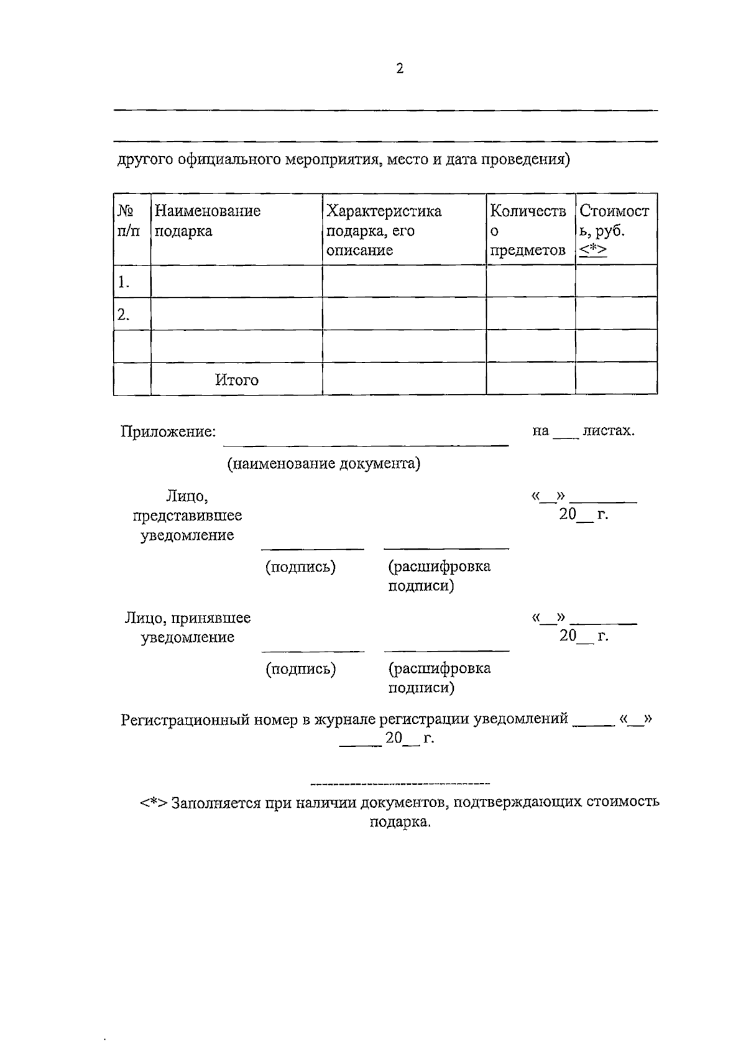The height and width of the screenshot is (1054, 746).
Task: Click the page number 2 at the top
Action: pyautogui.click(x=400, y=68)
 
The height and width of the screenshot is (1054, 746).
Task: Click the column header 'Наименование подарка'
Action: pyautogui.click(x=207, y=221)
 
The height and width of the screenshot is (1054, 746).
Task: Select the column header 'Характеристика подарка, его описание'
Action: pyautogui.click(x=384, y=230)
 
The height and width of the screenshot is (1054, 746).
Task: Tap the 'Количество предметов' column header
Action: pyautogui.click(x=528, y=230)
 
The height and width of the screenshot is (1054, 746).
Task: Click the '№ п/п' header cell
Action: pyautogui.click(x=128, y=221)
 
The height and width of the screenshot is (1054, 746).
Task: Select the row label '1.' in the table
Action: pyautogui.click(x=123, y=283)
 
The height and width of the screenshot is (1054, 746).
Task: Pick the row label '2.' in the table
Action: pyautogui.click(x=123, y=315)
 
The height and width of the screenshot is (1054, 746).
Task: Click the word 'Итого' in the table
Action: pyautogui.click(x=237, y=380)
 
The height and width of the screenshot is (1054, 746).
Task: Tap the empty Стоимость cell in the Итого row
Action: pyautogui.click(x=615, y=379)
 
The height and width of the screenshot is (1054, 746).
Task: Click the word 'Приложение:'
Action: pyautogui.click(x=168, y=432)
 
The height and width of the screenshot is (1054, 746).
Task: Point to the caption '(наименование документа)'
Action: pyautogui.click(x=323, y=464)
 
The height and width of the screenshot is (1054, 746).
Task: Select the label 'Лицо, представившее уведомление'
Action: pyautogui.click(x=187, y=515)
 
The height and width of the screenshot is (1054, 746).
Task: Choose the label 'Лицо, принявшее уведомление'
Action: pyautogui.click(x=187, y=627)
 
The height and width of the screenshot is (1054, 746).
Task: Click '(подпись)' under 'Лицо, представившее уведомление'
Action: pyautogui.click(x=300, y=567)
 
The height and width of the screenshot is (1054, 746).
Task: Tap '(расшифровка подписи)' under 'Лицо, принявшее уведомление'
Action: pyautogui.click(x=439, y=678)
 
